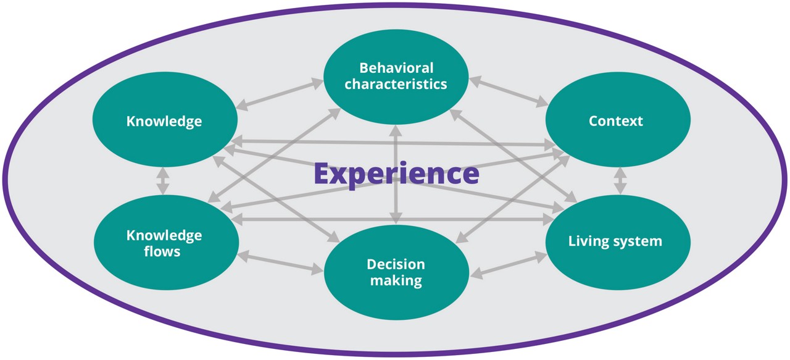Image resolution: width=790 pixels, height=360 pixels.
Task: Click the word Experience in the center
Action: (396, 174)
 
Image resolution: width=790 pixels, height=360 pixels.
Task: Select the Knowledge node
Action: (164, 121)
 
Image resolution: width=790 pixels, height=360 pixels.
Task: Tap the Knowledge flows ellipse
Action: (164, 243)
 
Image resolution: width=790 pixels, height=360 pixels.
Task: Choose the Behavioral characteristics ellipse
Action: (396, 75)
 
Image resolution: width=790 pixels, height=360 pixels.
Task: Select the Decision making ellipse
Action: (396, 272)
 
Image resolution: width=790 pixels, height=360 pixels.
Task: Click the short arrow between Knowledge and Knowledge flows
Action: (163, 181)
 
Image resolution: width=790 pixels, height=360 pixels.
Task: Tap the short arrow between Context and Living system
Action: (620, 181)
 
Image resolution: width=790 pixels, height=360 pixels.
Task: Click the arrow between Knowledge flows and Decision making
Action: (281, 261)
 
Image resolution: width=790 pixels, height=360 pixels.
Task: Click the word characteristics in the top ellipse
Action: (396, 84)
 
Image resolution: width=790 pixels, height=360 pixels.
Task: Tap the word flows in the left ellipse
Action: (164, 251)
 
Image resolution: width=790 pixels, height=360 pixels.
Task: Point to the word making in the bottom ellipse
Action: (396, 281)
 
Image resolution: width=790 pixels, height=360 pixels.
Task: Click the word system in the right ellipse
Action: (637, 241)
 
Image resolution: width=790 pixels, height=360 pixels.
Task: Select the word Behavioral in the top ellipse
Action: (396, 67)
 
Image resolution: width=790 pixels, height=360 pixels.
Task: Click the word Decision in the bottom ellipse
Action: (396, 264)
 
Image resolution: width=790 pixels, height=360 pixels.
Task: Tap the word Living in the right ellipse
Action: (588, 241)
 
